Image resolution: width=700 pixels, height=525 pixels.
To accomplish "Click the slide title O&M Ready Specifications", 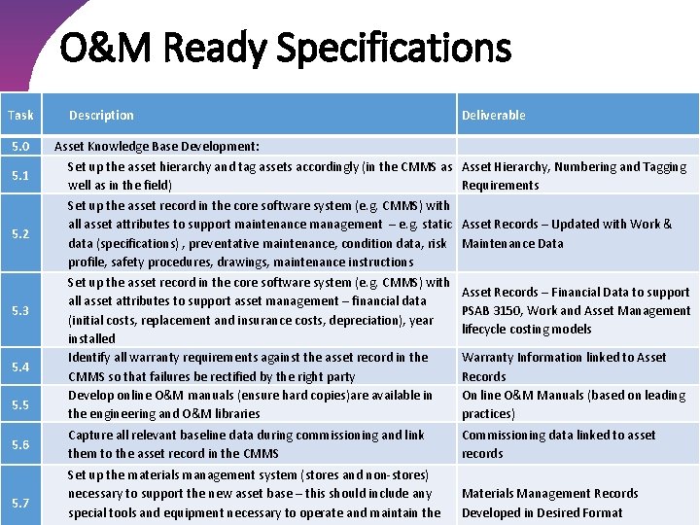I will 285,48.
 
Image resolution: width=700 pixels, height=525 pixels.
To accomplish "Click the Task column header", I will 20,115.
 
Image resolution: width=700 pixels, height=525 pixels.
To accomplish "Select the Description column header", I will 101,115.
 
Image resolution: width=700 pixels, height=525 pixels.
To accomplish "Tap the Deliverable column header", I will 493,115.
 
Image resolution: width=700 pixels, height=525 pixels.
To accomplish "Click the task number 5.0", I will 20,146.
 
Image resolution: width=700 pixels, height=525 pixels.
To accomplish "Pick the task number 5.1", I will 20,176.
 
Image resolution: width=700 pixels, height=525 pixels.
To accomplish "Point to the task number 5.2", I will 20,234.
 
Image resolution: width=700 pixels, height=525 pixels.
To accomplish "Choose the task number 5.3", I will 20,310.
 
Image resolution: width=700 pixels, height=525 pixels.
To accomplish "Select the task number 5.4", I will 20,367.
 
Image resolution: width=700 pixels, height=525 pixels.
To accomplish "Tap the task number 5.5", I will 20,404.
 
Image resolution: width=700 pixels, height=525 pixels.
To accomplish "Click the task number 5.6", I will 20,444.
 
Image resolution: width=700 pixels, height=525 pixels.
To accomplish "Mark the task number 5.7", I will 20,502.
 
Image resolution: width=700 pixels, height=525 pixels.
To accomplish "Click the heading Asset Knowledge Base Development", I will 157,146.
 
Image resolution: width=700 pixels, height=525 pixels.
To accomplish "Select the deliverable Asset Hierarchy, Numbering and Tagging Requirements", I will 574,176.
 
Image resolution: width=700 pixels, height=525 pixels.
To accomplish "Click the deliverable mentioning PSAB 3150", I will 576,310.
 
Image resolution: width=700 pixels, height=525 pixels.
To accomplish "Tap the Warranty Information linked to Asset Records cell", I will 564,367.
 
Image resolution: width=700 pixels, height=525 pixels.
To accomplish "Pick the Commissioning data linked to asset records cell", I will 558,444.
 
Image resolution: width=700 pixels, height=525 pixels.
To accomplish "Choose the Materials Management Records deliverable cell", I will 550,503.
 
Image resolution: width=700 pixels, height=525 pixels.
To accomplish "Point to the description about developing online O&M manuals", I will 250,404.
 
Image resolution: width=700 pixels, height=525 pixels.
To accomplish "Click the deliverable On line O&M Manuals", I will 573,404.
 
